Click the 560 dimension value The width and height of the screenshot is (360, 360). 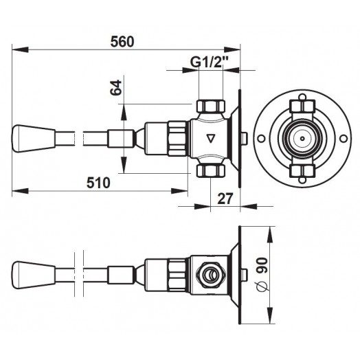[122, 42]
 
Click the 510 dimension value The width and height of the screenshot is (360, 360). [98, 183]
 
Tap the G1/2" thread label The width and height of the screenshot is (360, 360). [210, 62]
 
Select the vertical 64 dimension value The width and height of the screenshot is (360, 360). [115, 87]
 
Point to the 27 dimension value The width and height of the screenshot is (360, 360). [225, 199]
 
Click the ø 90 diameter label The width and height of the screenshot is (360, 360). [262, 275]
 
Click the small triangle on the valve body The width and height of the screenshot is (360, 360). [210, 139]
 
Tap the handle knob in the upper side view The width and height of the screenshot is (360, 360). [34, 139]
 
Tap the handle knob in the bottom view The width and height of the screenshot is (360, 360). [34, 275]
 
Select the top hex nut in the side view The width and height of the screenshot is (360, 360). [210, 106]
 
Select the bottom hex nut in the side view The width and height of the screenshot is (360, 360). [210, 171]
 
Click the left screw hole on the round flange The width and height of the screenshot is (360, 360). [261, 139]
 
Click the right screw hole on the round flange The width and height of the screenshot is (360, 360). [344, 139]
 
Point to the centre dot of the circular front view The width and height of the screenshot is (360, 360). [302, 139]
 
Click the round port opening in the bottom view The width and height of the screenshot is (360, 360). [210, 274]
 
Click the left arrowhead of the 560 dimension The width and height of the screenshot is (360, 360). [20, 49]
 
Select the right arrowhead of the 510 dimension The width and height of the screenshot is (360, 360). [179, 190]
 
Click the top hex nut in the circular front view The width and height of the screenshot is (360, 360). [302, 106]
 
